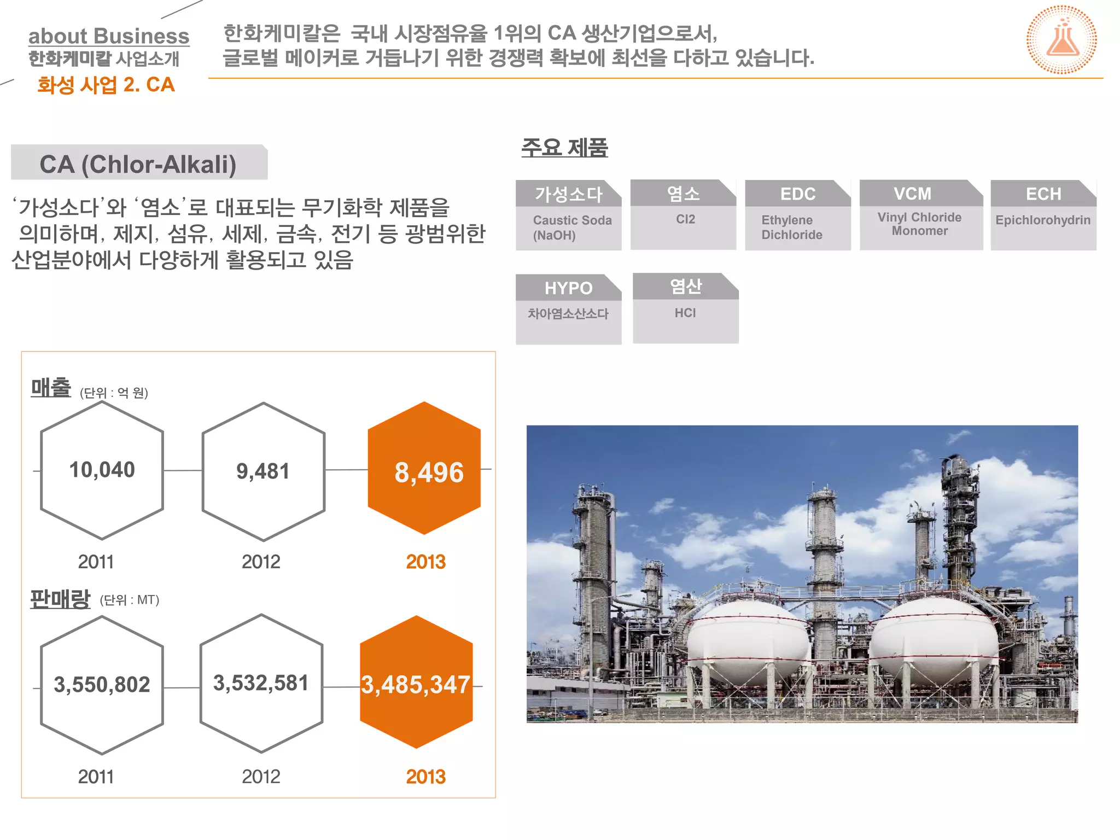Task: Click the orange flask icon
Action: pos(1061,40)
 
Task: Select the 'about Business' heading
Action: pos(109,36)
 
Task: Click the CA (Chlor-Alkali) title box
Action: pos(139,164)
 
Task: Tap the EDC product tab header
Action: pos(797,194)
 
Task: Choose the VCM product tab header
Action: pos(912,193)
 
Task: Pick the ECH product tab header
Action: pos(1043,194)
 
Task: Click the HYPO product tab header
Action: pos(568,288)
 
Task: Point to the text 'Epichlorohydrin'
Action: pos(1042,220)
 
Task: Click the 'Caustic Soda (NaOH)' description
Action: pos(571,227)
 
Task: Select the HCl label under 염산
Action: pos(685,313)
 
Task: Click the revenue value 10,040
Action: pos(102,470)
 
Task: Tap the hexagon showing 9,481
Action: pos(263,471)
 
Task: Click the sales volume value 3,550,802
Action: pos(102,685)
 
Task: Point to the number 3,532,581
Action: pos(261,683)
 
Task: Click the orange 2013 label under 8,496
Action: pos(425,562)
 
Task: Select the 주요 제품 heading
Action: pos(564,147)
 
